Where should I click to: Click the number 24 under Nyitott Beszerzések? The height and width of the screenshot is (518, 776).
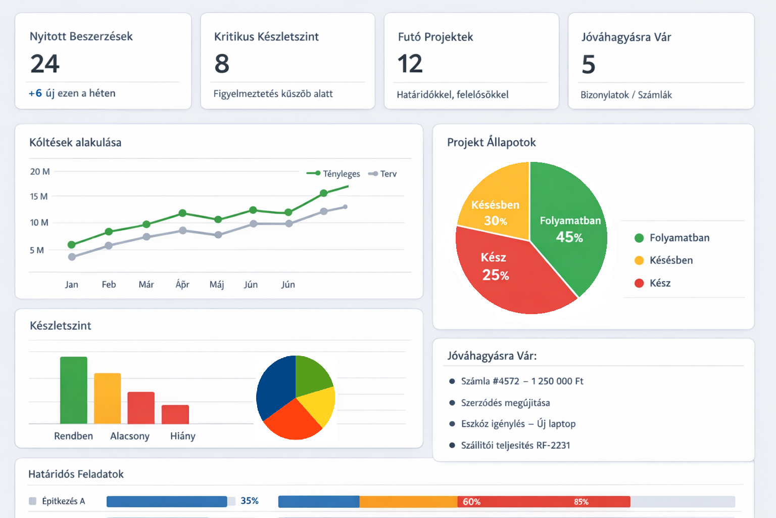click(x=45, y=64)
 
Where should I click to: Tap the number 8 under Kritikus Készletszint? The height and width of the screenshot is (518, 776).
click(x=222, y=64)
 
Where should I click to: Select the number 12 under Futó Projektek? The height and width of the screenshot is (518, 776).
click(x=410, y=64)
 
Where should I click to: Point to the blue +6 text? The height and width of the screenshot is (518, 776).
click(x=35, y=93)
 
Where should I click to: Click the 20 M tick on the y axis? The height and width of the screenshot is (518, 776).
click(x=39, y=171)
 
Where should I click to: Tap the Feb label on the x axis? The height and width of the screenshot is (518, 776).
click(x=109, y=284)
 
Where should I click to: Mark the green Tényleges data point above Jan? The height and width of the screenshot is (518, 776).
click(x=72, y=245)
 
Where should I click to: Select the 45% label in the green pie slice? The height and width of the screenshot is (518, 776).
click(x=569, y=237)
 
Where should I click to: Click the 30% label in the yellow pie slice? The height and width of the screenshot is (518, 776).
click(x=495, y=221)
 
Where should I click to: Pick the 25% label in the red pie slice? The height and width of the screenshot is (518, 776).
click(x=495, y=275)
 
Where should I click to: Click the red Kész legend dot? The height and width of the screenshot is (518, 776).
click(x=639, y=283)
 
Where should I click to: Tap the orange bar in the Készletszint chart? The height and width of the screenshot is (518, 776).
click(x=107, y=398)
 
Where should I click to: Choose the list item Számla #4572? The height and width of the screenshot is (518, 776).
click(x=522, y=381)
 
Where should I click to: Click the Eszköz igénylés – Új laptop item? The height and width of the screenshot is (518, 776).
click(x=518, y=423)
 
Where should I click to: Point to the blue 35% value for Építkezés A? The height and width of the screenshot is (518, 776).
click(x=250, y=500)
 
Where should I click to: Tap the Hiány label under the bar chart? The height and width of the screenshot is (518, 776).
click(x=182, y=436)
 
